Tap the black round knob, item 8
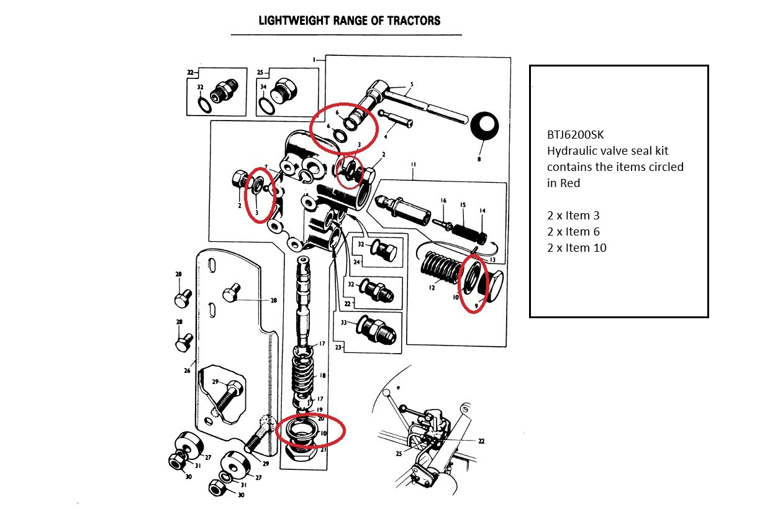pyautogui.click(x=484, y=128)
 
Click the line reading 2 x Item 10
pyautogui.click(x=576, y=247)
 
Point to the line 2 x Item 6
pyautogui.click(x=574, y=231)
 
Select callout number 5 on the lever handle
pyautogui.click(x=411, y=85)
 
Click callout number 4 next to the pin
pyautogui.click(x=386, y=135)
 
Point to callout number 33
pyautogui.click(x=343, y=323)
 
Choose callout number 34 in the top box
pyautogui.click(x=263, y=86)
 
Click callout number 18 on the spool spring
pyautogui.click(x=322, y=376)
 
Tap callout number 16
pyautogui.click(x=443, y=201)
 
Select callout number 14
pyautogui.click(x=482, y=211)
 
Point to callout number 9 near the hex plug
pyautogui.click(x=477, y=305)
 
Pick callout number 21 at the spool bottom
pyautogui.click(x=323, y=449)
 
